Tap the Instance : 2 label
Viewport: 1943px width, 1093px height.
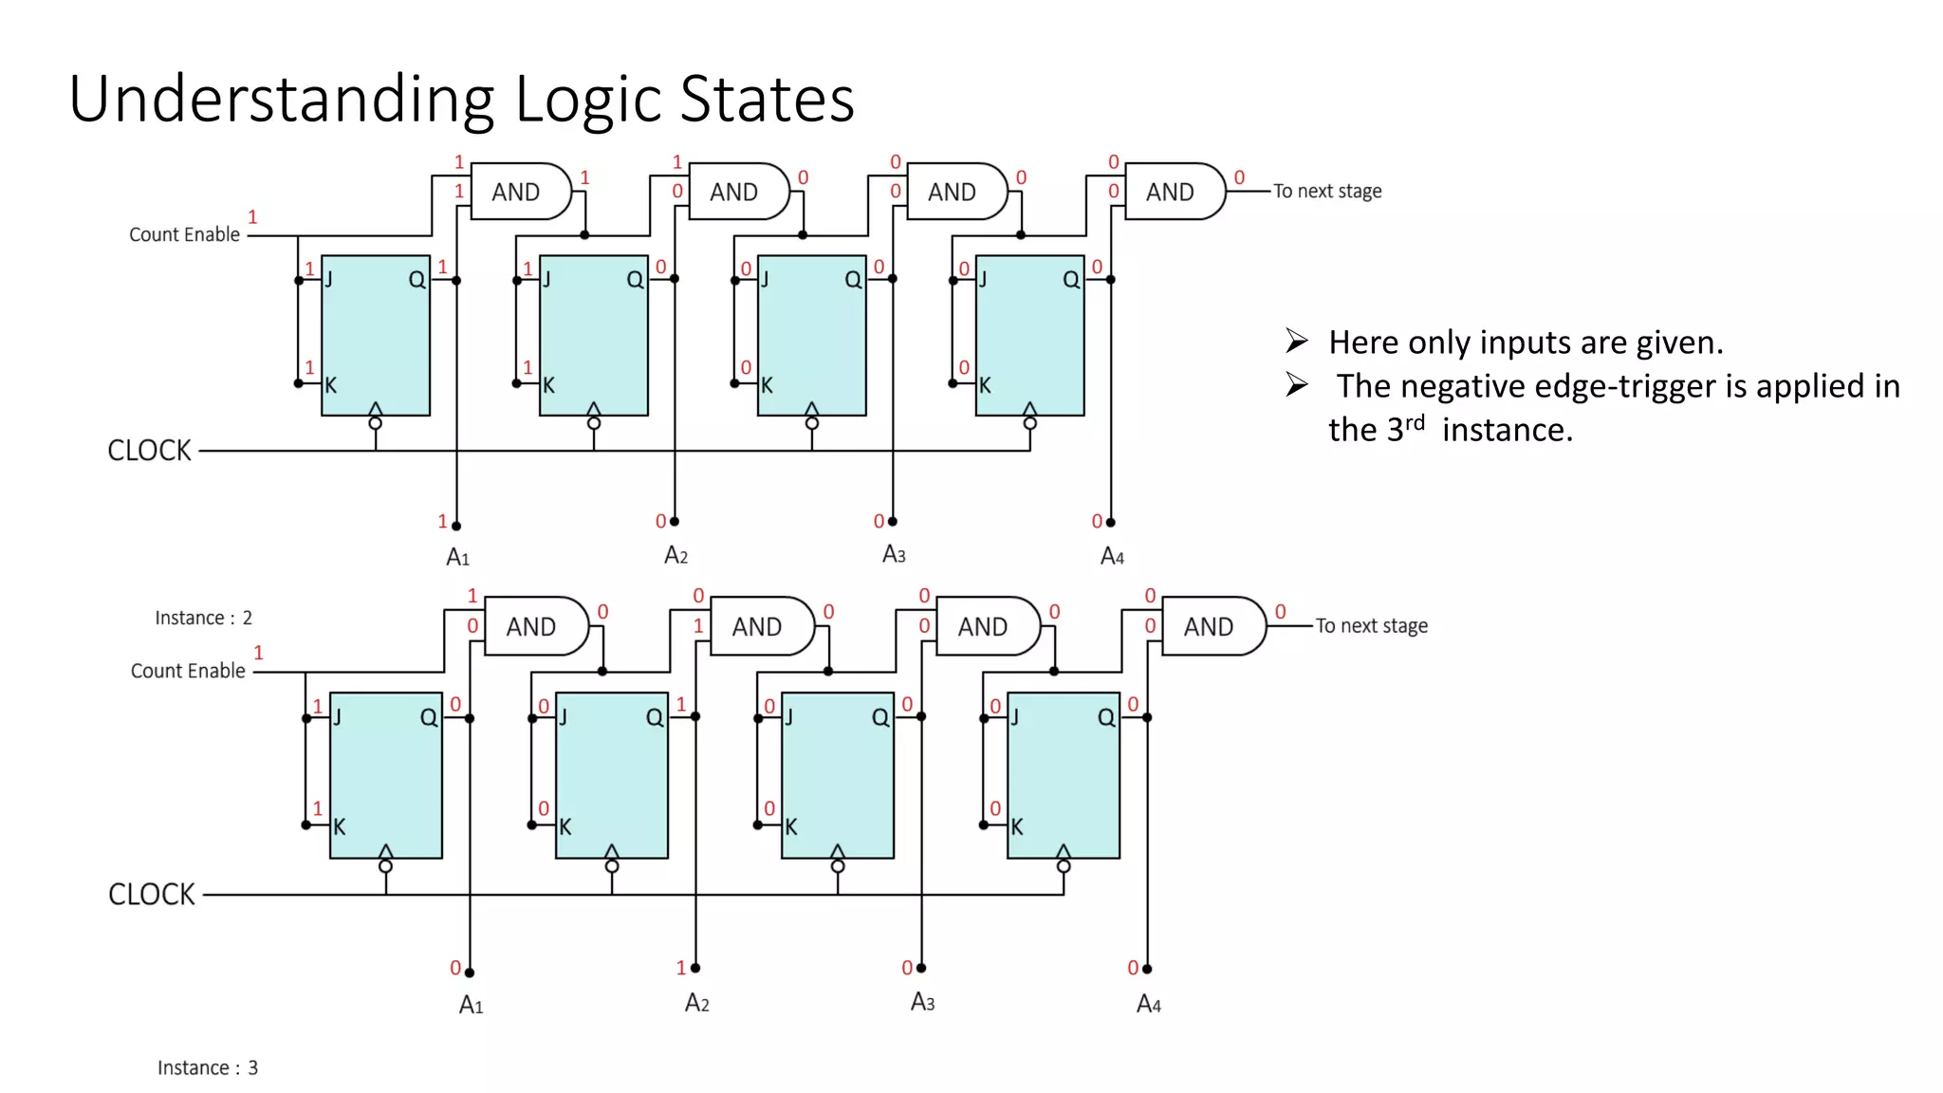pos(203,618)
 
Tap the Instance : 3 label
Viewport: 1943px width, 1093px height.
pos(207,1067)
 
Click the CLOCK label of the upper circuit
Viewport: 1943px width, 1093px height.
pos(149,451)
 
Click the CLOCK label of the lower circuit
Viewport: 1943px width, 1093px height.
pos(151,895)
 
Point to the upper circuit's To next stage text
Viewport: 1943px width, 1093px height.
pos(1326,192)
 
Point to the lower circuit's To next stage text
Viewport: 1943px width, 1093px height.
pos(1371,626)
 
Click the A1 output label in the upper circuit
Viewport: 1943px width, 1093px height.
pos(457,557)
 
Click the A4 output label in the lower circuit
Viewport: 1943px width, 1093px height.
pos(1148,1004)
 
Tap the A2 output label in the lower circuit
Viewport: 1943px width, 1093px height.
pos(696,1003)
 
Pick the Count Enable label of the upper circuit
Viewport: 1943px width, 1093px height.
pos(184,234)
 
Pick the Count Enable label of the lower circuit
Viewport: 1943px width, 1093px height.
pos(188,671)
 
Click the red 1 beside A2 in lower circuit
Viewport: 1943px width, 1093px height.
pos(680,968)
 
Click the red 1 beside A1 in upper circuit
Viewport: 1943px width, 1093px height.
pos(442,521)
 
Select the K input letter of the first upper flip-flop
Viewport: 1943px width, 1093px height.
pos(331,385)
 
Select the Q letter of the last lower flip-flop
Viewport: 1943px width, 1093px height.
pos(1106,717)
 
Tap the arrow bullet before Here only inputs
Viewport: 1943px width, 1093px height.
pos(1297,341)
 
